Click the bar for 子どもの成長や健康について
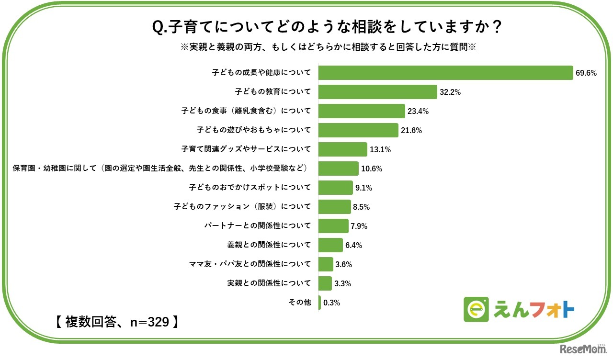click(x=445, y=73)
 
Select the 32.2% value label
click(x=450, y=92)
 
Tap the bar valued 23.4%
click(x=362, y=111)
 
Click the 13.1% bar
click(x=342, y=149)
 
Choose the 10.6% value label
click(x=372, y=169)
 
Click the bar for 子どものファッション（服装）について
click(x=334, y=207)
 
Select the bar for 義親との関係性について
click(x=330, y=245)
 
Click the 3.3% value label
click(x=342, y=283)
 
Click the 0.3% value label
click(x=332, y=303)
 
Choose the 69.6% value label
click(x=586, y=73)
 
